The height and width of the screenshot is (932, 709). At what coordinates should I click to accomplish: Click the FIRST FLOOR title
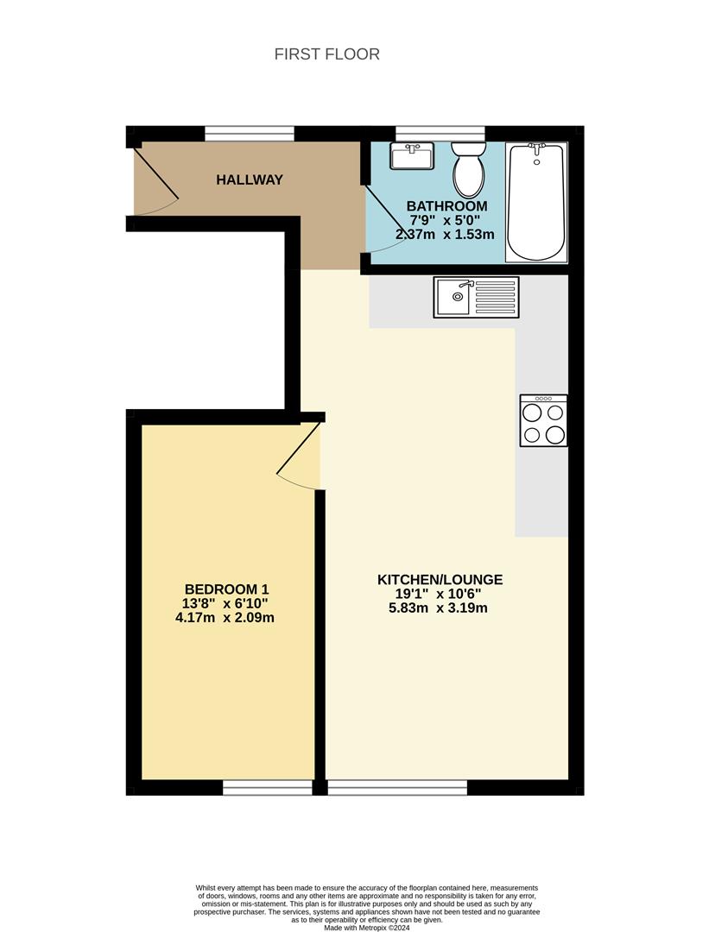(x=326, y=54)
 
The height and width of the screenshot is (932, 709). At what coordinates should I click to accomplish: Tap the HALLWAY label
(x=250, y=180)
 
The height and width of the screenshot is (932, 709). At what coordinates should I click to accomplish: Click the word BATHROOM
(x=446, y=206)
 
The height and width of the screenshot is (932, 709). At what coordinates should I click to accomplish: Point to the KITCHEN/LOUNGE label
(x=440, y=580)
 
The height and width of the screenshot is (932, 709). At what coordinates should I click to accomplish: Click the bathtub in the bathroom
(x=536, y=202)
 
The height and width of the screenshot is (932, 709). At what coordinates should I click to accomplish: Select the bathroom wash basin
(x=412, y=157)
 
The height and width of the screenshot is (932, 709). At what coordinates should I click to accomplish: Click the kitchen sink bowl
(x=452, y=298)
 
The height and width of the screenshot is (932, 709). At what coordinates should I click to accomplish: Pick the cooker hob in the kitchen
(x=543, y=420)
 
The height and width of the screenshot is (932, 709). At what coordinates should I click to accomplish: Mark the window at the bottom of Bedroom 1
(x=268, y=787)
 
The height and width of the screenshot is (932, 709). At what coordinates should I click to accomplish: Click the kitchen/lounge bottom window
(x=397, y=787)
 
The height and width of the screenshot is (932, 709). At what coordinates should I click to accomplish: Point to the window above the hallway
(x=249, y=133)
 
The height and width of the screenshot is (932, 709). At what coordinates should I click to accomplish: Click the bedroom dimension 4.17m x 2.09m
(x=224, y=617)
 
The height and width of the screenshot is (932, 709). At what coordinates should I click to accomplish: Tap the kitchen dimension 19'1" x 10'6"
(x=440, y=594)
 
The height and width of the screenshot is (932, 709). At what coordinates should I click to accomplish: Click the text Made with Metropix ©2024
(x=366, y=928)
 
